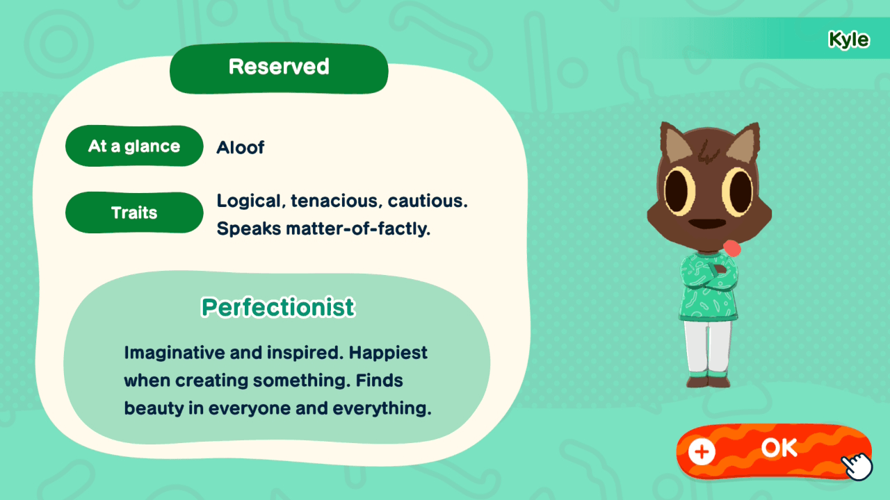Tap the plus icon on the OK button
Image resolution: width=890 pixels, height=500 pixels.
click(702, 452)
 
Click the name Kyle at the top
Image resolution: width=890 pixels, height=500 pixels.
click(848, 40)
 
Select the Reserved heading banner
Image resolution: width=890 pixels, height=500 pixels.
click(279, 67)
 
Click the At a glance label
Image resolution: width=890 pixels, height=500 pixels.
click(134, 147)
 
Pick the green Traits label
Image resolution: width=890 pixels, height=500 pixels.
click(134, 212)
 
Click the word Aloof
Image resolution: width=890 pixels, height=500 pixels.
click(241, 147)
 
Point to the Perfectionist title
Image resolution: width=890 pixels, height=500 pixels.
click(278, 307)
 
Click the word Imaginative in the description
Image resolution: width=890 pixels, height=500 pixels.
click(174, 353)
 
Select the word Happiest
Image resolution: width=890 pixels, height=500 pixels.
click(388, 353)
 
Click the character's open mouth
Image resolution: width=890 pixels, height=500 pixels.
click(709, 225)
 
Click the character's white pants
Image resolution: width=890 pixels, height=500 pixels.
click(707, 347)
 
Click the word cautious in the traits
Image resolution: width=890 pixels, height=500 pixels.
click(428, 201)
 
